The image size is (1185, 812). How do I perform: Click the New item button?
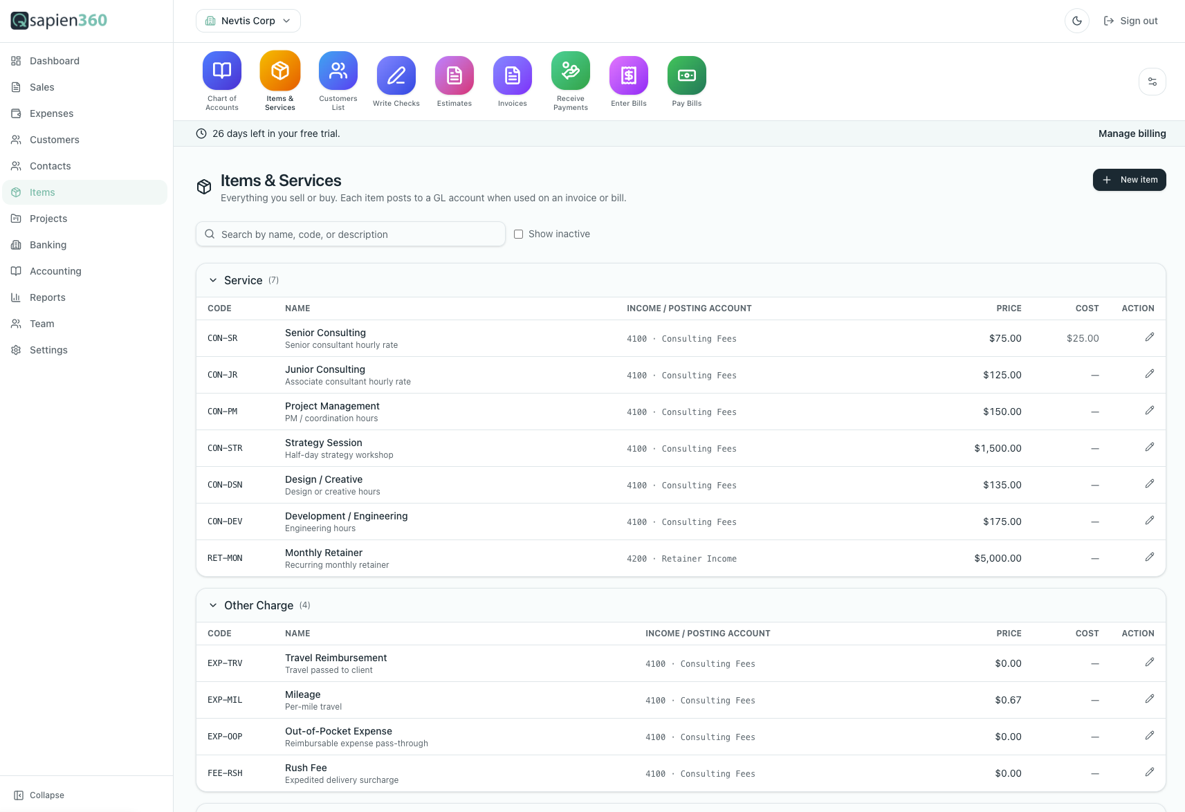pyautogui.click(x=1129, y=180)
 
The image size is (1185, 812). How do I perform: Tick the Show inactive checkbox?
pyautogui.click(x=518, y=234)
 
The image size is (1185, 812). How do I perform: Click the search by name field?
pyautogui.click(x=350, y=234)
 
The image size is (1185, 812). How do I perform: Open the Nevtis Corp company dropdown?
pyautogui.click(x=248, y=21)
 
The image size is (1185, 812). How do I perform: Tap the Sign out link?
pyautogui.click(x=1130, y=21)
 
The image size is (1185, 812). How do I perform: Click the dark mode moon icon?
pyautogui.click(x=1076, y=21)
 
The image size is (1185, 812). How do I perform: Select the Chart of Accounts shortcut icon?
pyautogui.click(x=221, y=71)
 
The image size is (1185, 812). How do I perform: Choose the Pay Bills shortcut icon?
pyautogui.click(x=687, y=75)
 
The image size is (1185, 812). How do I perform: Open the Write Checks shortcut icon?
pyautogui.click(x=396, y=75)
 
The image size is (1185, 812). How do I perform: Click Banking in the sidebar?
pyautogui.click(x=48, y=244)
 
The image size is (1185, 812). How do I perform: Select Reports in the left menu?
pyautogui.click(x=47, y=297)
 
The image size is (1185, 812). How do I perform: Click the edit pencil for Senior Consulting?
pyautogui.click(x=1150, y=337)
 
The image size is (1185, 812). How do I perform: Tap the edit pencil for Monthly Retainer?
pyautogui.click(x=1150, y=557)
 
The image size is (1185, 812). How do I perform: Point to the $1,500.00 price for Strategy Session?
pyautogui.click(x=998, y=448)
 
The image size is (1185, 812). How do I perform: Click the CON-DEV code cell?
pyautogui.click(x=225, y=521)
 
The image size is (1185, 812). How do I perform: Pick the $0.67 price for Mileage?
pyautogui.click(x=1008, y=700)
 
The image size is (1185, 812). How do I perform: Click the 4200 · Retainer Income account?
pyautogui.click(x=681, y=558)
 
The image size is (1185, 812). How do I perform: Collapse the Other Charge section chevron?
pyautogui.click(x=212, y=605)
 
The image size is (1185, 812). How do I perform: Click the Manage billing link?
pyautogui.click(x=1132, y=133)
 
